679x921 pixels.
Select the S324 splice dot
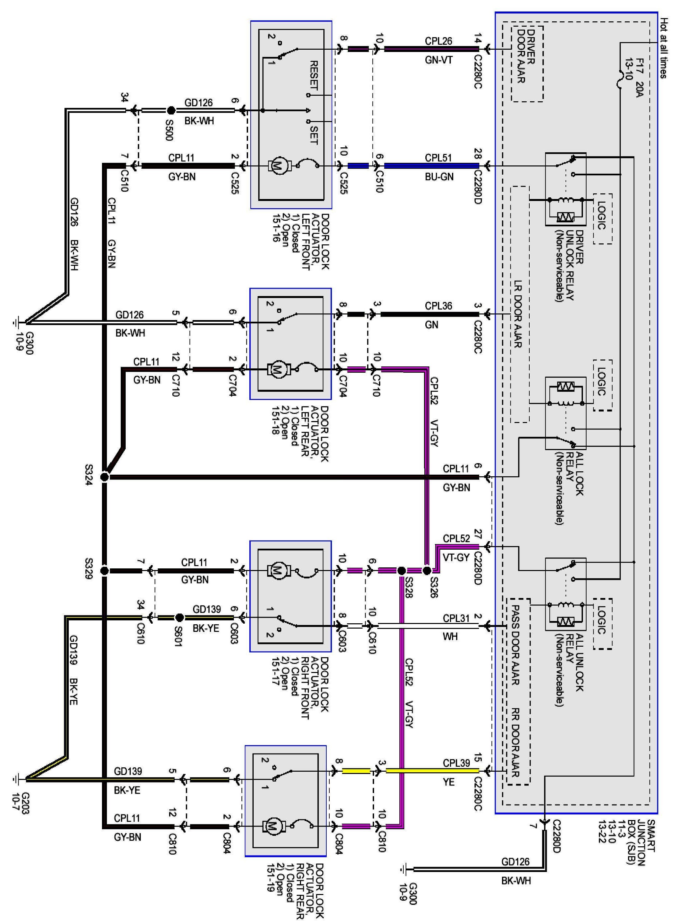click(104, 477)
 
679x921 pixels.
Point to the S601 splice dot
click(179, 617)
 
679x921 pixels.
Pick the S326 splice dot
click(427, 571)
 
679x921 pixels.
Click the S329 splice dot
click(104, 571)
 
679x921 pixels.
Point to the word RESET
click(314, 76)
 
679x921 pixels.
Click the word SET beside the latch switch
click(314, 135)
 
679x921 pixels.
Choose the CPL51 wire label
click(438, 158)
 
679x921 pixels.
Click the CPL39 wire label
click(456, 763)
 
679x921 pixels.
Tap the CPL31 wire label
click(456, 618)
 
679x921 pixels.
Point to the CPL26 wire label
click(439, 41)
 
